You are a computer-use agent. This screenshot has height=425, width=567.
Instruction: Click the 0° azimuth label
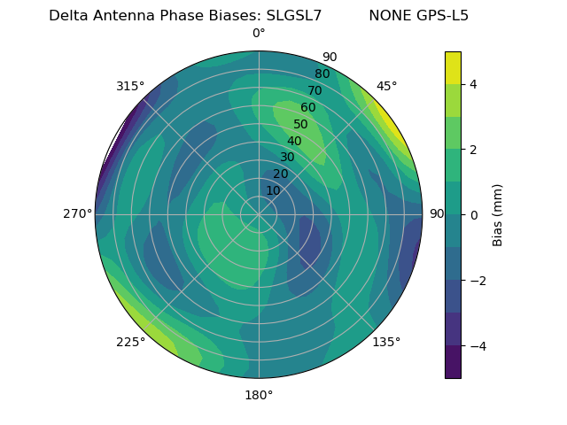(259, 34)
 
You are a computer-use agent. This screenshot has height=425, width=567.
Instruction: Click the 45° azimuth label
(386, 86)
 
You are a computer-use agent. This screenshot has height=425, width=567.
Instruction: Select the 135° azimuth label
(386, 342)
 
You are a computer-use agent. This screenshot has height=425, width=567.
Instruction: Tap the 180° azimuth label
(259, 395)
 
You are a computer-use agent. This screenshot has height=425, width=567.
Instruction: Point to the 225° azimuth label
(130, 342)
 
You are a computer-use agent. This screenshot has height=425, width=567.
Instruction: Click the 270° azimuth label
(77, 213)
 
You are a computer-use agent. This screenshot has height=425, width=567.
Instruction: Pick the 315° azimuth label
(130, 86)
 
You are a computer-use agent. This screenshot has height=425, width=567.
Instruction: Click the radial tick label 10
(273, 190)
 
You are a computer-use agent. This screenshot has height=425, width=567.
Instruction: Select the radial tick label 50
(301, 124)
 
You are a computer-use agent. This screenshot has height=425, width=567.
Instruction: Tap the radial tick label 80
(322, 74)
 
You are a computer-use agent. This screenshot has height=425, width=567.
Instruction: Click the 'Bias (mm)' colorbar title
(498, 215)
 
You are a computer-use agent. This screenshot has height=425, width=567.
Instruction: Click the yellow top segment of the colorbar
(453, 67)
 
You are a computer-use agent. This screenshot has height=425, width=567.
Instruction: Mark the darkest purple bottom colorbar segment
(453, 362)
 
